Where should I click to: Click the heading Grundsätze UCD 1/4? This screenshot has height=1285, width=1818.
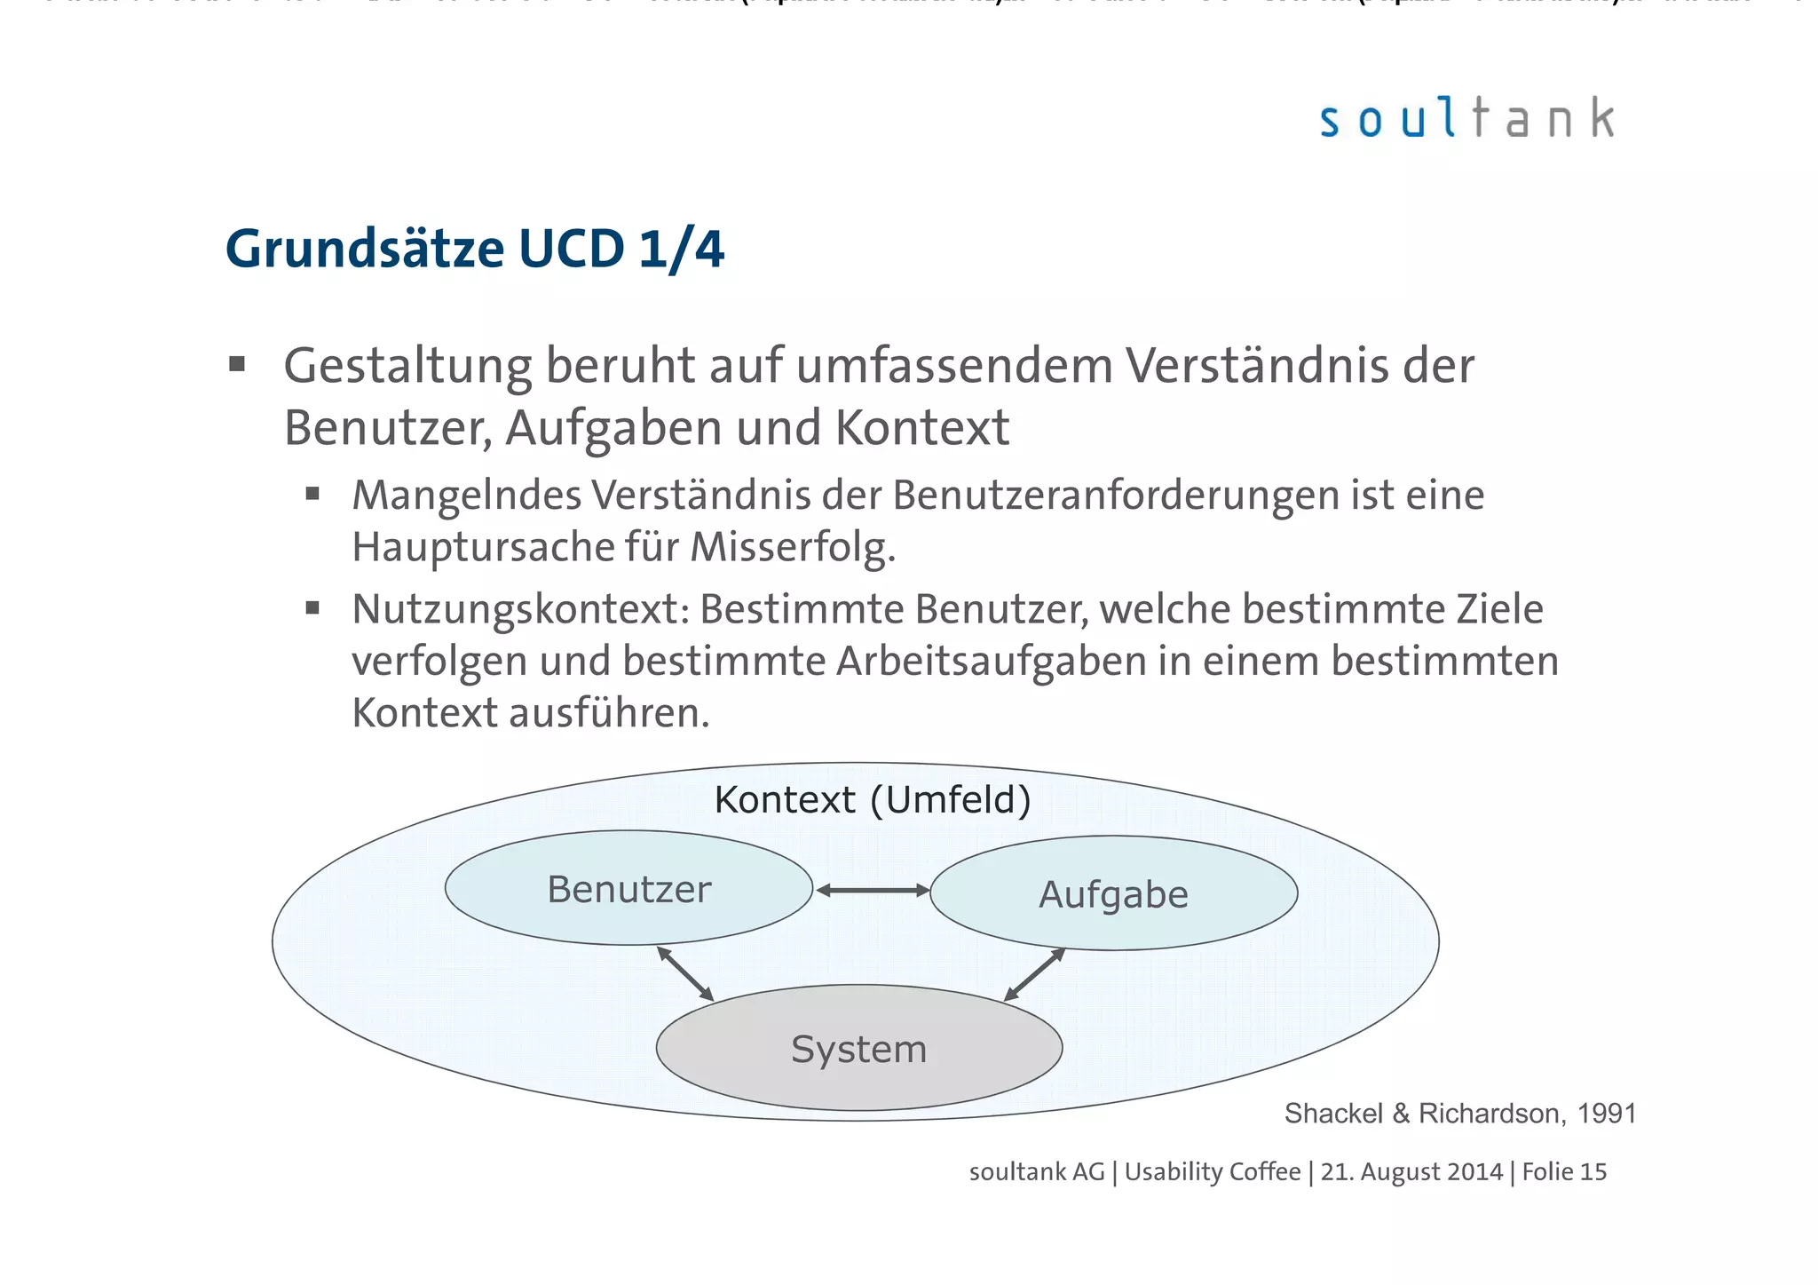(x=475, y=249)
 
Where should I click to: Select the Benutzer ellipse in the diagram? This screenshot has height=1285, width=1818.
(x=628, y=889)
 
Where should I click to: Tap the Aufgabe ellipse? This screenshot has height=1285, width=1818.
(x=1113, y=894)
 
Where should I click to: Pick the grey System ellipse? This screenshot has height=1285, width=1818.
(x=858, y=1049)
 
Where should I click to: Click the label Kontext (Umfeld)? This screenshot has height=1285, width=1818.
(x=873, y=799)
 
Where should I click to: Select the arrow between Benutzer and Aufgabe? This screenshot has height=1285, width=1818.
(x=872, y=890)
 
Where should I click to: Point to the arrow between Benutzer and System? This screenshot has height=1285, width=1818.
(x=685, y=974)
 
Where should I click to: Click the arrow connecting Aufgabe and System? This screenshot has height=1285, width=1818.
(x=1034, y=974)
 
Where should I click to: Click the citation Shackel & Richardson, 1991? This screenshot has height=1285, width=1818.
(x=1459, y=1113)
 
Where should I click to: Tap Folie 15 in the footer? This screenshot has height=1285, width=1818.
(x=1564, y=1172)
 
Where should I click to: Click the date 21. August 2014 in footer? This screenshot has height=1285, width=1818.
(x=1411, y=1172)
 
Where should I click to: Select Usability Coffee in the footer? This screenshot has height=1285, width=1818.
(x=1212, y=1172)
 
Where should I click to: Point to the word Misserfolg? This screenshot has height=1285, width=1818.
(x=792, y=547)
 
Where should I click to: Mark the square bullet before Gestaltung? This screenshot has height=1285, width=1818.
(x=236, y=364)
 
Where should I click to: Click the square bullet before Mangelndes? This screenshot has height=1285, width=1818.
(x=312, y=495)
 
